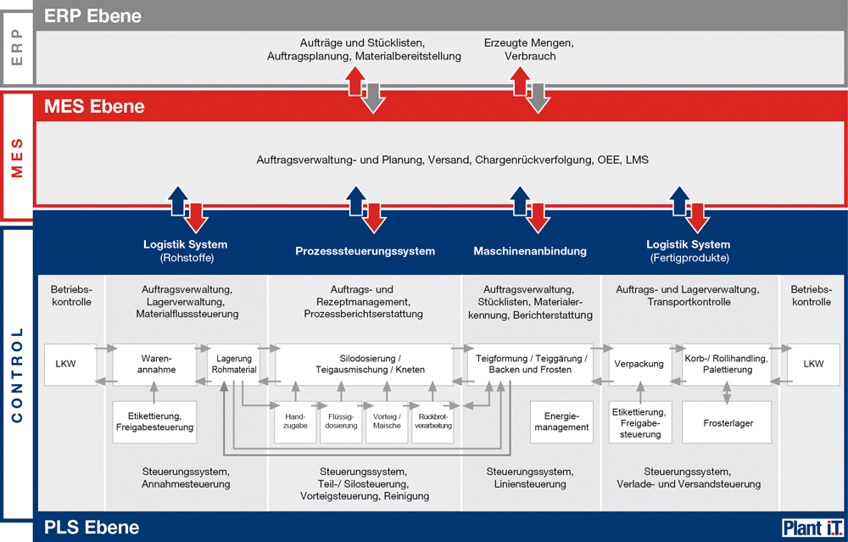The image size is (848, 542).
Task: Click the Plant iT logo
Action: [812, 528]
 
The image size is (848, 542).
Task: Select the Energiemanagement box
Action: [561, 422]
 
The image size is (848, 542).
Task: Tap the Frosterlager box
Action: [728, 422]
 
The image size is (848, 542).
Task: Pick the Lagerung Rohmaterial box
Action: [234, 364]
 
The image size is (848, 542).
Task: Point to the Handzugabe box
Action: [295, 422]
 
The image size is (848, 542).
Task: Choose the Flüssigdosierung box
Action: [341, 422]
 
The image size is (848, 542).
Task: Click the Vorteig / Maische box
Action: [388, 422]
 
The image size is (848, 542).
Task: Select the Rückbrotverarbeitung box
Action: [433, 422]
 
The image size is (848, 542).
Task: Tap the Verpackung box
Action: [639, 364]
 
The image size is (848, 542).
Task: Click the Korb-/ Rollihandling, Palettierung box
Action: [727, 364]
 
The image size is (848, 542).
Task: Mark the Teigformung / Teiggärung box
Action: [530, 364]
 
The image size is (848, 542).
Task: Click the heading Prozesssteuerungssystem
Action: [365, 251]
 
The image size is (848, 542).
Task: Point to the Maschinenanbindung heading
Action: [530, 251]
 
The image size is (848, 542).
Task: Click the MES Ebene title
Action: [94, 106]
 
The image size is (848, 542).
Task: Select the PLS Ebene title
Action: [92, 528]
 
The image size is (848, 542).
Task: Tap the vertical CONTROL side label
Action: [17, 374]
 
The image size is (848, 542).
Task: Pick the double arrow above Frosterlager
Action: [727, 394]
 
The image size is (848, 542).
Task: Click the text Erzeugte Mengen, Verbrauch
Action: [529, 49]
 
